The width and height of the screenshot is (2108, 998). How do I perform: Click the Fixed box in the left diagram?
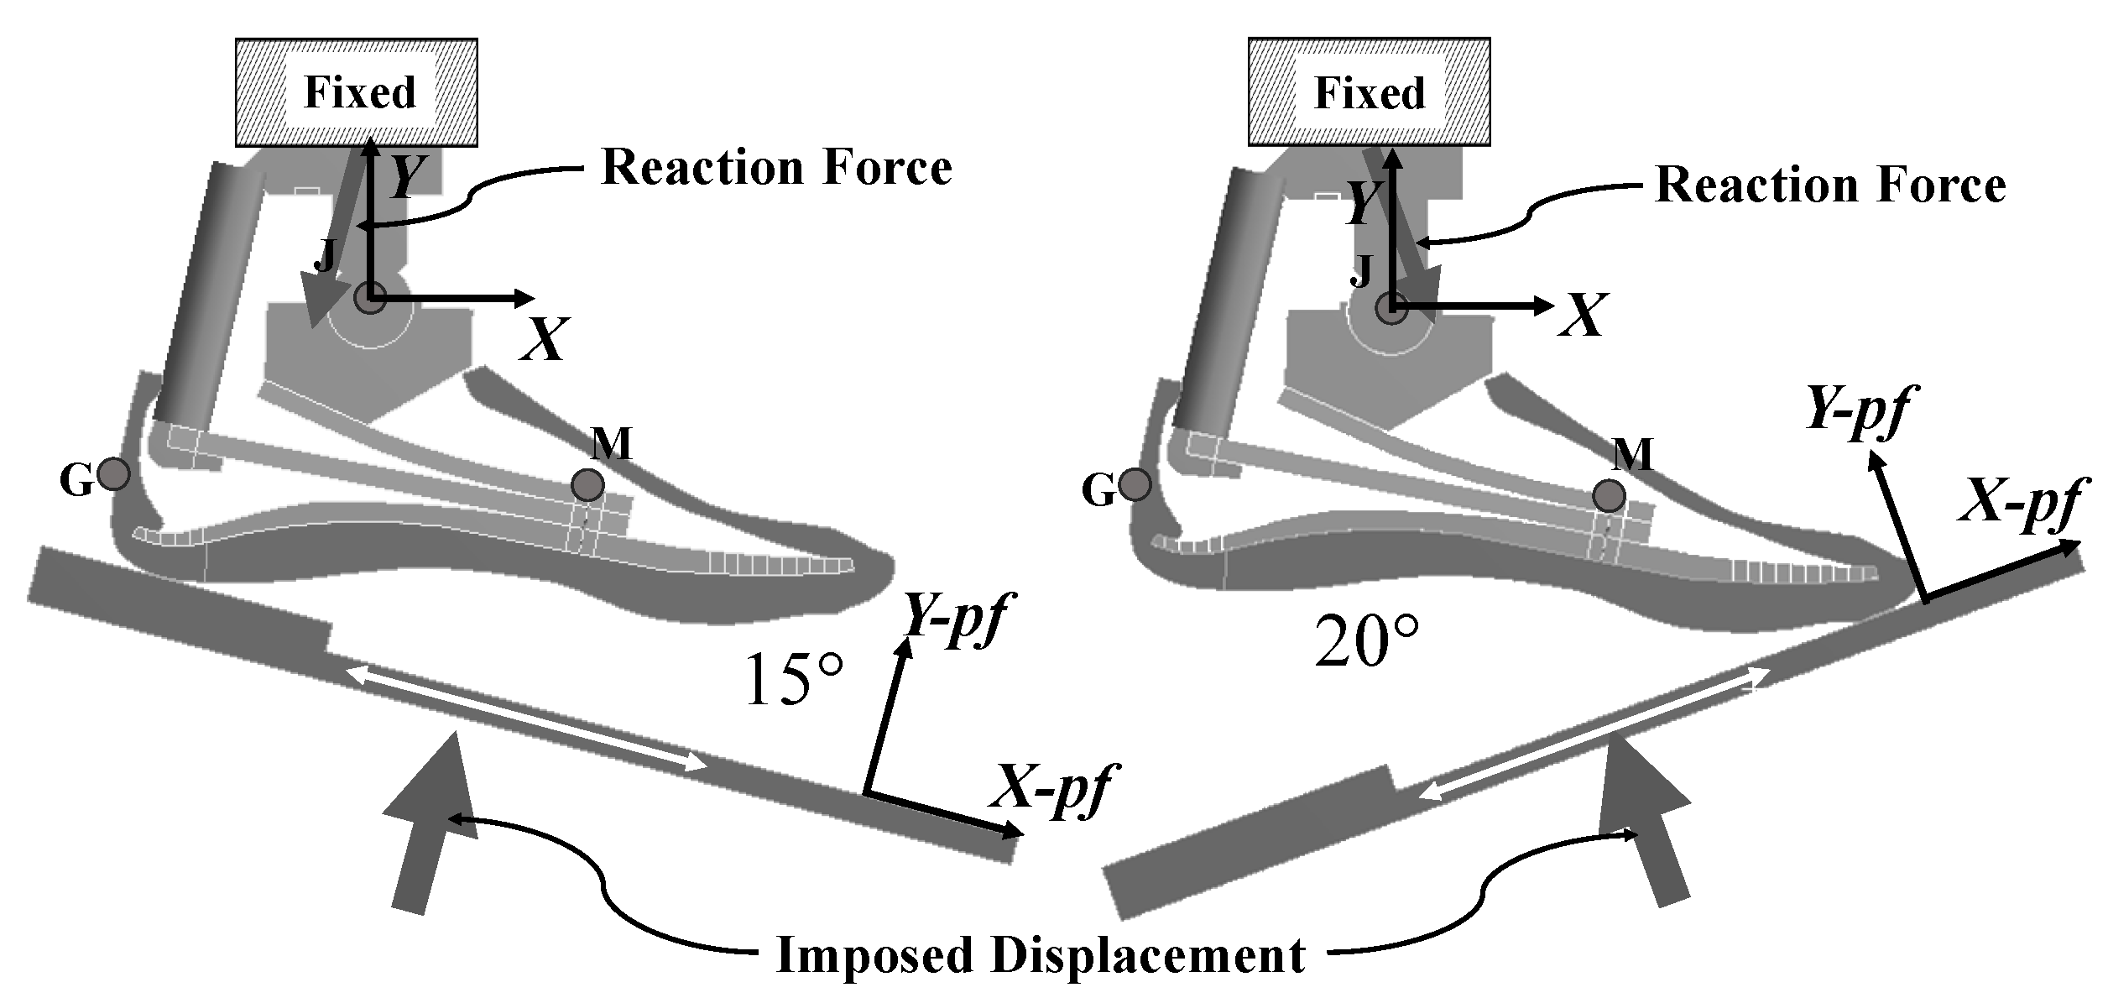tap(357, 91)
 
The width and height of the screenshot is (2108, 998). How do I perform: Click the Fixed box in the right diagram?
tap(1369, 91)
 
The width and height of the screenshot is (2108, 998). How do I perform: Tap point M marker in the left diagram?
tap(587, 484)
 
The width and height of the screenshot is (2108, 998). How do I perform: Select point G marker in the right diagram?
tap(1135, 485)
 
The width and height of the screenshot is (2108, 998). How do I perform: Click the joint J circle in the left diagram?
tap(369, 297)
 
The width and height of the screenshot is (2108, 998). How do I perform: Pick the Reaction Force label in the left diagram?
tap(777, 168)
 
